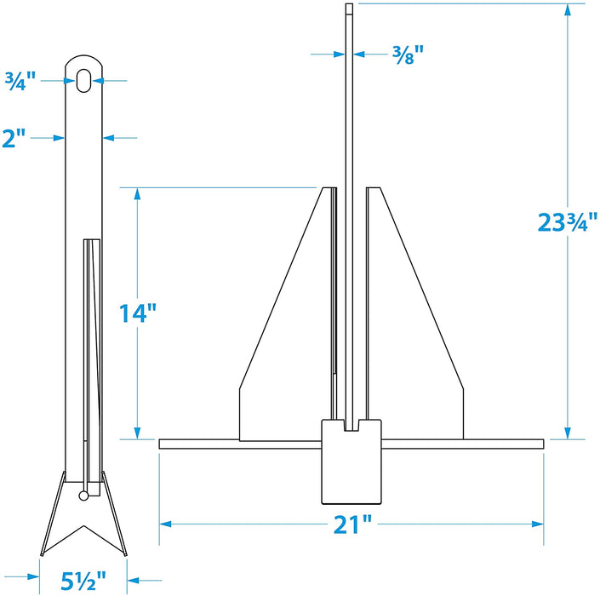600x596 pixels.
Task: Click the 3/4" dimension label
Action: pyautogui.click(x=19, y=82)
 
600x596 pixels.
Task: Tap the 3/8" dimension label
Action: pyautogui.click(x=404, y=54)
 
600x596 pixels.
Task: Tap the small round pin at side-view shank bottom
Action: pyautogui.click(x=83, y=496)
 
